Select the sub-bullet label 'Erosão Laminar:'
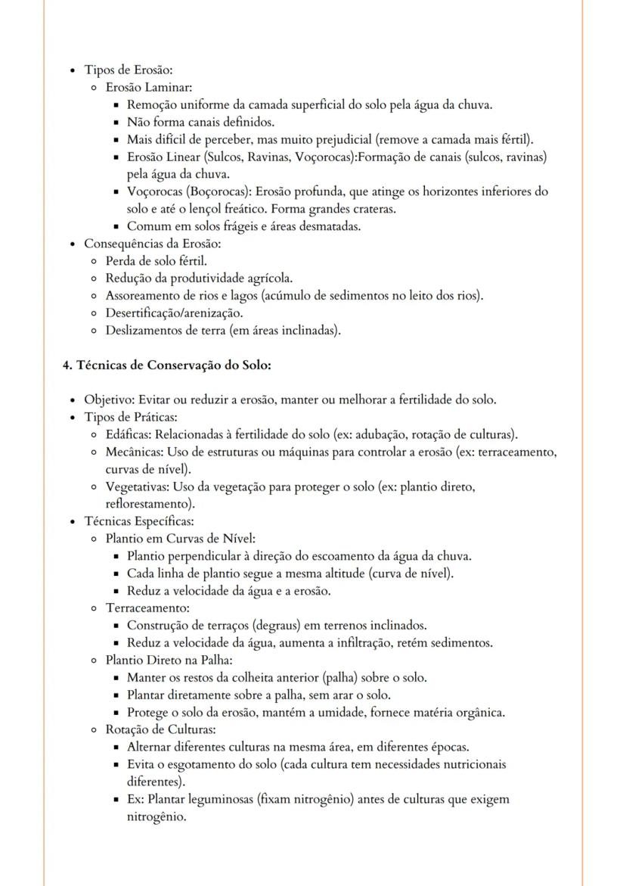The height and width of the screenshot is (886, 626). (149, 88)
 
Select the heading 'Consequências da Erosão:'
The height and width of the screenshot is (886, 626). (152, 244)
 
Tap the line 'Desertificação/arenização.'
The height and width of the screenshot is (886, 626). (174, 312)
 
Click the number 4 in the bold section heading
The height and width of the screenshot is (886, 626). (67, 365)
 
